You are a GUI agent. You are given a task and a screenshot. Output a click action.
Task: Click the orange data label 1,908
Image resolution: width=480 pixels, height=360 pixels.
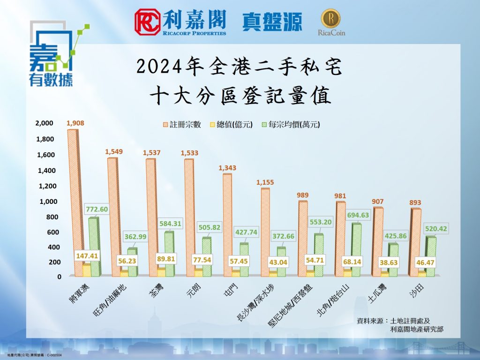pyautogui.click(x=75, y=123)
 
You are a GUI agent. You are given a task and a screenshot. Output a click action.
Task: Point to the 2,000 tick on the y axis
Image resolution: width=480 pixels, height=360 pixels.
pyautogui.click(x=45, y=123)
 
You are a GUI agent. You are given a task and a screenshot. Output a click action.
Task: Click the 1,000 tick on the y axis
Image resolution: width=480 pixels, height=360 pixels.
pyautogui.click(x=45, y=202)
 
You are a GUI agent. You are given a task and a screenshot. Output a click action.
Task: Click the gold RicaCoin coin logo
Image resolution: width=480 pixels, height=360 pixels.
pyautogui.click(x=330, y=18)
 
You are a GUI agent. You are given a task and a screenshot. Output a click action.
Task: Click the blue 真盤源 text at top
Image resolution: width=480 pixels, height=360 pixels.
pyautogui.click(x=272, y=22)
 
